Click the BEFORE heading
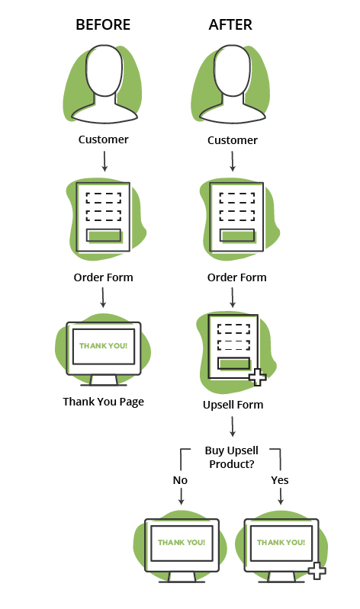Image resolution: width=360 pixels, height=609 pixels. click(x=103, y=25)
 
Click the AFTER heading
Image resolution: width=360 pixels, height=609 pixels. click(x=230, y=25)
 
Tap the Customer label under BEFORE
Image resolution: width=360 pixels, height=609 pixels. click(x=104, y=139)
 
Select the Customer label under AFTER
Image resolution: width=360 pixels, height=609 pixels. click(x=233, y=140)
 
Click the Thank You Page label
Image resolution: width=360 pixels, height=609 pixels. click(x=104, y=402)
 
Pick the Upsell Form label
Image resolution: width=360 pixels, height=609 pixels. click(x=233, y=405)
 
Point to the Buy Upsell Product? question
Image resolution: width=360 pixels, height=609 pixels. click(x=232, y=457)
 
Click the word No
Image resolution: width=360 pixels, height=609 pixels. click(x=180, y=480)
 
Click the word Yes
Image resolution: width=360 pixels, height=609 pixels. click(x=280, y=480)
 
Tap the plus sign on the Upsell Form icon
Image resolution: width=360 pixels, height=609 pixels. click(x=257, y=377)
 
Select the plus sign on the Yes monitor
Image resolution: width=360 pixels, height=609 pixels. click(x=317, y=571)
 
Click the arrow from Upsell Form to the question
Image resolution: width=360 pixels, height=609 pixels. click(x=233, y=427)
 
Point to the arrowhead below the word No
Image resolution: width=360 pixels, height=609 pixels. click(x=181, y=502)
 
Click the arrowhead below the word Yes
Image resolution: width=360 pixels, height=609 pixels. click(x=281, y=502)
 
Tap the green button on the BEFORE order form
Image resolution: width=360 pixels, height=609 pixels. click(x=104, y=236)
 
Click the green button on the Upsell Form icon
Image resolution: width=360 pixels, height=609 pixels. click(x=233, y=364)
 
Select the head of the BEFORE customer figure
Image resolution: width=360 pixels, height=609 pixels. click(x=104, y=70)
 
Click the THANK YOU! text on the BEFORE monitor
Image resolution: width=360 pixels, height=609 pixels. click(x=104, y=346)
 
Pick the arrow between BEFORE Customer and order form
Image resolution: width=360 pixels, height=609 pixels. click(x=104, y=161)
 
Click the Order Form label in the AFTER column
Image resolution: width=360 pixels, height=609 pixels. click(x=236, y=277)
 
